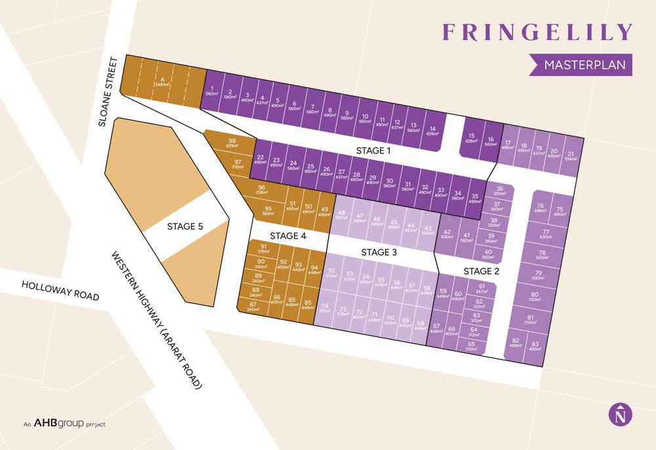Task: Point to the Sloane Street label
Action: [x=110, y=92]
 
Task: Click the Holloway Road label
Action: [x=60, y=291]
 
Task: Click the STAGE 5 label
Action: [x=185, y=226]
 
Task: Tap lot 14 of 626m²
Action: [x=431, y=131]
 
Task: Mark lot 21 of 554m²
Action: [x=570, y=155]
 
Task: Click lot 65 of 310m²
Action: [x=471, y=346]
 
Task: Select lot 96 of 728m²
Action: [x=261, y=191]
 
